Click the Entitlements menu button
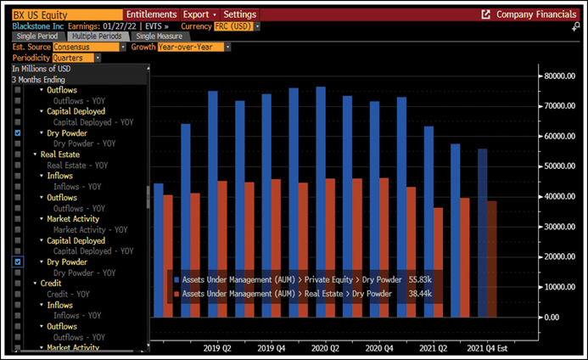point(151,14)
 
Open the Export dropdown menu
point(199,14)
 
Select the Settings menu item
point(240,14)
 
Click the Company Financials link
point(530,14)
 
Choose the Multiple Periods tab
point(95,37)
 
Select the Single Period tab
point(36,37)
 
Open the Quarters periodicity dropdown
point(76,58)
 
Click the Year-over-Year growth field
point(191,47)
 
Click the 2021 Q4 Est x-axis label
point(490,348)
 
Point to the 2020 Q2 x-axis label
point(327,348)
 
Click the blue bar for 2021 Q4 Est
point(482,233)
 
